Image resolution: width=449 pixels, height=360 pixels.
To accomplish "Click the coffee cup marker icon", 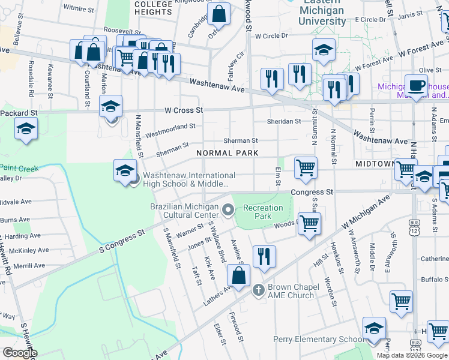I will click(416, 86).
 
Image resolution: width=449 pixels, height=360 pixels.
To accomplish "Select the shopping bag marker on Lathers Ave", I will click(239, 277).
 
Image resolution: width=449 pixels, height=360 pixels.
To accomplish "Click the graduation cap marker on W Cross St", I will click(110, 106).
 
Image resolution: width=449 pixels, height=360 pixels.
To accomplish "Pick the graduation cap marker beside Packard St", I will click(26, 128).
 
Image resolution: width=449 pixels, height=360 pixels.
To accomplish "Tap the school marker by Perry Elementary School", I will click(374, 328).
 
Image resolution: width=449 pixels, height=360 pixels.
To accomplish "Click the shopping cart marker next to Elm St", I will click(306, 168).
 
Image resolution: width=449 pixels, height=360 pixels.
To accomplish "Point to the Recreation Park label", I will click(263, 212).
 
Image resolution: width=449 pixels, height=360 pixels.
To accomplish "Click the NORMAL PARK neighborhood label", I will click(228, 153).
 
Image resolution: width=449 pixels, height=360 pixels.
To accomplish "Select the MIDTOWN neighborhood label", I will click(374, 163).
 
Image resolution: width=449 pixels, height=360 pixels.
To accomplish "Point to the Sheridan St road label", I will click(284, 121).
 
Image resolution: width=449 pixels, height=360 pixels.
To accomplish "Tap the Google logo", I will click(19, 353).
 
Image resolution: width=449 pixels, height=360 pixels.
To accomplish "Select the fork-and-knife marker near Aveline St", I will click(264, 257).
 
